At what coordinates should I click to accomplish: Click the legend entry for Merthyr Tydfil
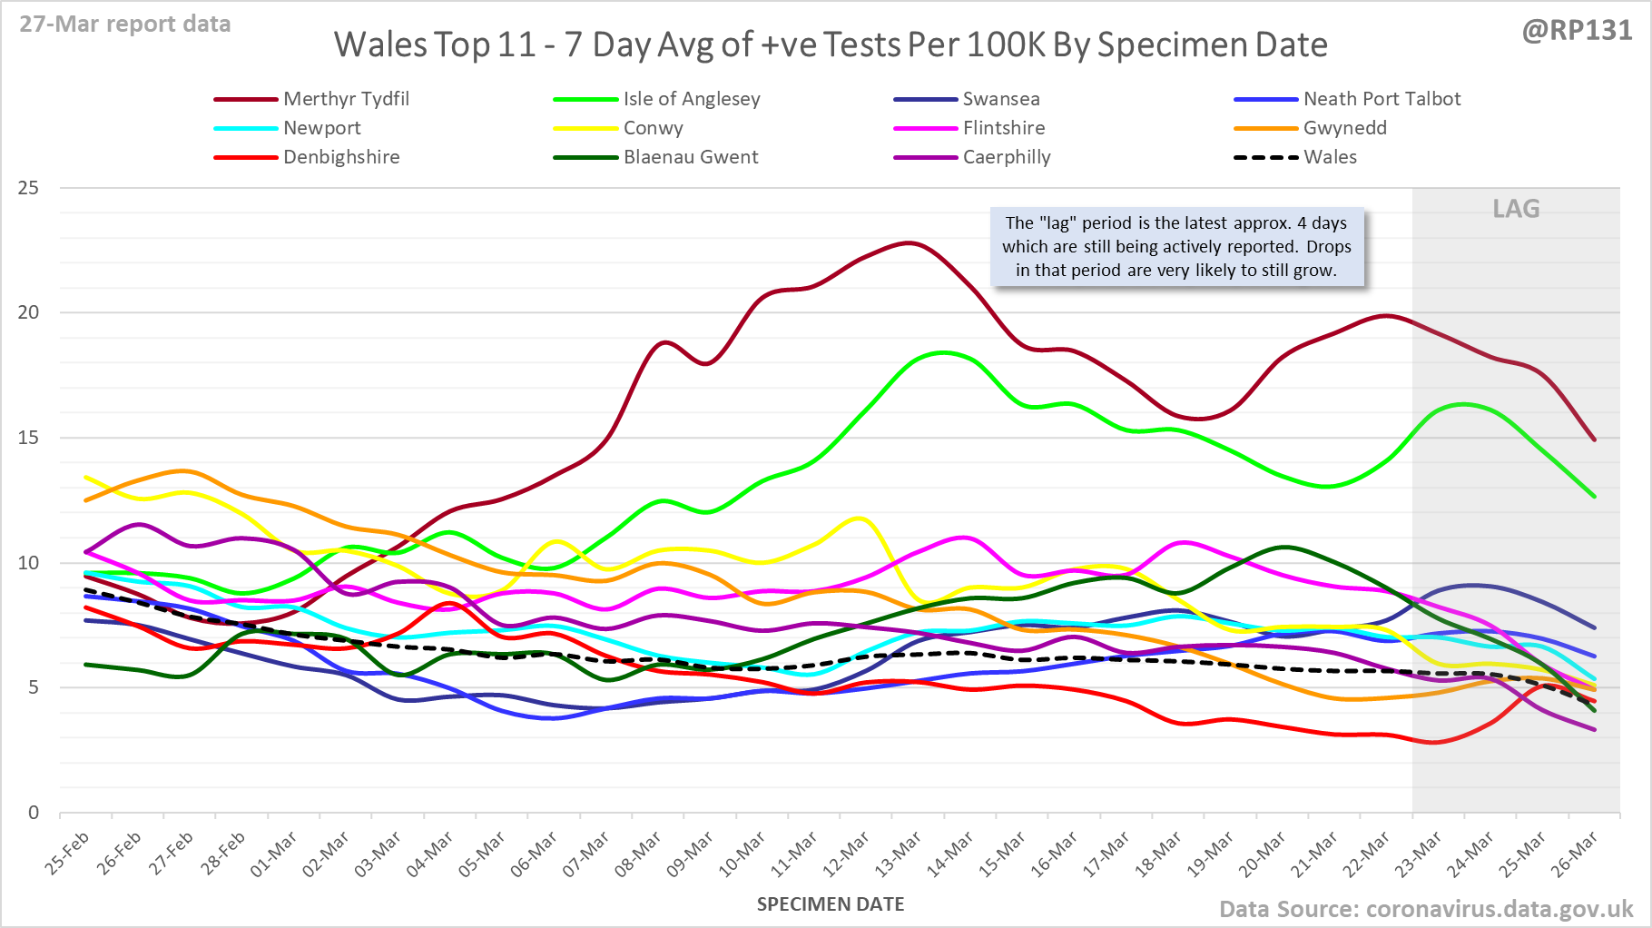point(346,99)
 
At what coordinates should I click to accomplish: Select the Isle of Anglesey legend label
point(691,99)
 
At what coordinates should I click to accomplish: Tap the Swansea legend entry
point(1000,99)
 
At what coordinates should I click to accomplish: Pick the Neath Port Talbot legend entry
point(1382,99)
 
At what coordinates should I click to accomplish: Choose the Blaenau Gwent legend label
point(690,157)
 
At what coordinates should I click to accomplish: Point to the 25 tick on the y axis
point(29,188)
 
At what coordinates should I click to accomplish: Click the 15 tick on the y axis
point(29,438)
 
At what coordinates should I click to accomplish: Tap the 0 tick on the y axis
point(34,813)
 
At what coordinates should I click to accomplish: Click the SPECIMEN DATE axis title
point(831,904)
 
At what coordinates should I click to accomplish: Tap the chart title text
point(831,44)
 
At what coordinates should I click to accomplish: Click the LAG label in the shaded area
point(1516,209)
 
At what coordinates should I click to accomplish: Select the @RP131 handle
point(1577,31)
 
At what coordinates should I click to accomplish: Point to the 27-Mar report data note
point(125,24)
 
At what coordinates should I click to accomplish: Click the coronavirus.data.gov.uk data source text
point(1425,909)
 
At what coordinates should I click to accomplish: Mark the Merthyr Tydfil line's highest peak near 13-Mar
point(909,242)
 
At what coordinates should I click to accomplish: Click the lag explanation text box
point(1176,246)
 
